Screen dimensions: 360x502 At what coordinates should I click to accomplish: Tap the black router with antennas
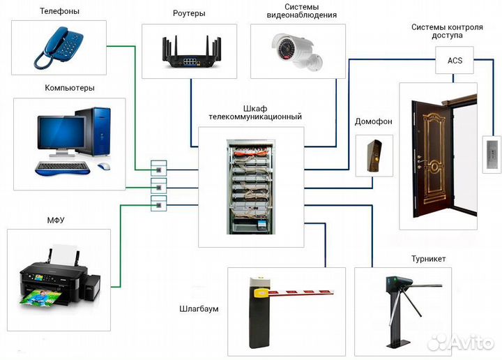click(x=190, y=54)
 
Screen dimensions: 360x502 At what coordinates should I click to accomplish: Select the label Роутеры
click(x=189, y=13)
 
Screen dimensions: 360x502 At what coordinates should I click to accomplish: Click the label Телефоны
click(x=59, y=11)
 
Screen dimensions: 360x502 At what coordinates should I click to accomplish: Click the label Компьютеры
click(x=70, y=88)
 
